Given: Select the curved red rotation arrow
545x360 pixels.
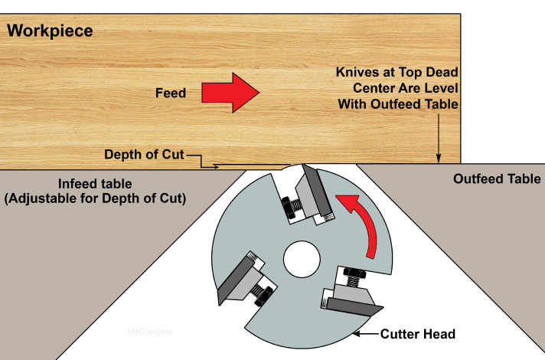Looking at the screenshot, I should point(366,222).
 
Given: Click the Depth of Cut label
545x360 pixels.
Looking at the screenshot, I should point(143,155).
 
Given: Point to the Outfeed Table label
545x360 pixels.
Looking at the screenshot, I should point(497,179).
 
